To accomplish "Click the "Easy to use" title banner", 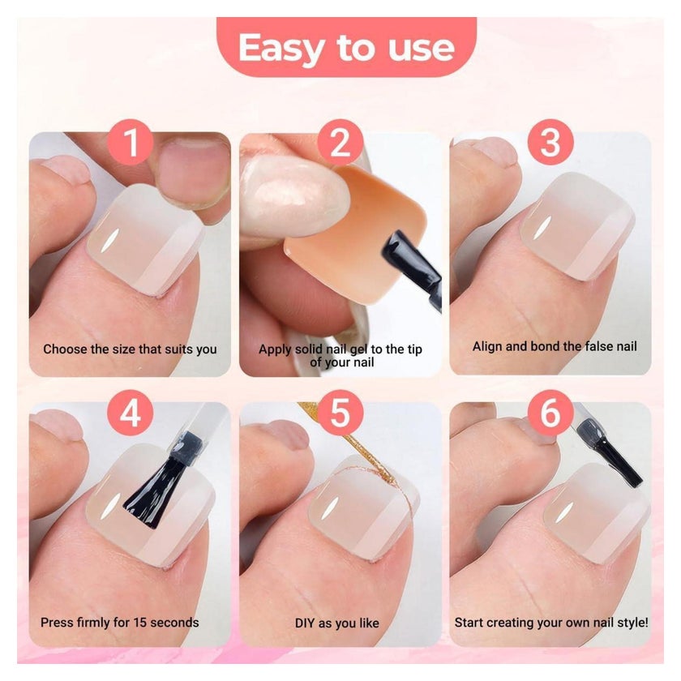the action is coord(346,47).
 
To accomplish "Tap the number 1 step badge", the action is coord(131,142).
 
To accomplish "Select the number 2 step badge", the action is coord(340,142).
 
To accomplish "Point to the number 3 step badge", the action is coord(550,142).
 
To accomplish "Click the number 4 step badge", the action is coord(131,413).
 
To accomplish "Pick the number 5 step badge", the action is coord(340,413).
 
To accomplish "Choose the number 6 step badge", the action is coord(550,413).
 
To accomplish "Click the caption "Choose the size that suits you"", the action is coord(130,349).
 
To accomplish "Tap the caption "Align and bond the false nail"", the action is coord(555,346).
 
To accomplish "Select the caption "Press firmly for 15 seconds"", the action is coord(119,623).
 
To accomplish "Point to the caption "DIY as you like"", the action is coord(337,623).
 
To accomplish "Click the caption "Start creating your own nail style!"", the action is coord(551,623).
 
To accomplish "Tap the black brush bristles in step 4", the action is coord(151,494).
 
